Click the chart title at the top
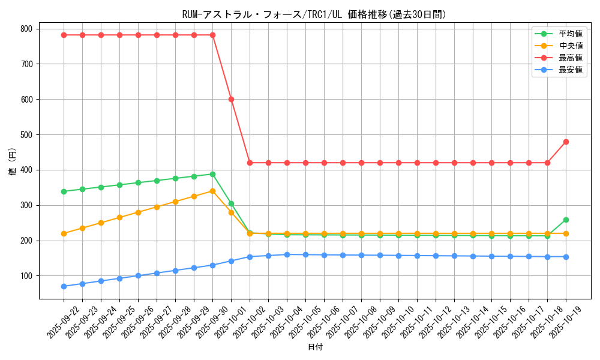(x=314, y=14)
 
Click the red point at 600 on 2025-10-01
(x=231, y=99)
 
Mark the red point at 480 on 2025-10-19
(x=566, y=142)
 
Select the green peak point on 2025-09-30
(x=212, y=174)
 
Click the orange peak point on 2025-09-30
(x=212, y=191)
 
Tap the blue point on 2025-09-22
(x=64, y=286)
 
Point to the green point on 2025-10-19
(x=566, y=220)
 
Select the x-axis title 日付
(x=315, y=347)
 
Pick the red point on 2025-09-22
(x=64, y=35)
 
